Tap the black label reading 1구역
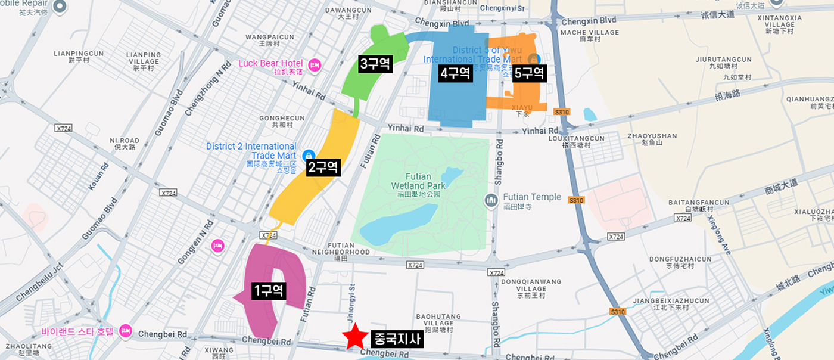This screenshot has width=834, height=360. pyautogui.click(x=269, y=291)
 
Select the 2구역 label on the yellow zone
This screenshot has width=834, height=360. pyautogui.click(x=323, y=167)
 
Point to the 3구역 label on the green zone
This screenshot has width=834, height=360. pyautogui.click(x=375, y=64)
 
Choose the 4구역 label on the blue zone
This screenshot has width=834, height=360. pyautogui.click(x=456, y=73)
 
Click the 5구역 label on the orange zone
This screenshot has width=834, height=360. pyautogui.click(x=529, y=73)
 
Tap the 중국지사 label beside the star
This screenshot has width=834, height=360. pyautogui.click(x=397, y=339)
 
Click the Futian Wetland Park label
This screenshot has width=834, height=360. pyautogui.click(x=418, y=181)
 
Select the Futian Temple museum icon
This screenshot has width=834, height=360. pyautogui.click(x=491, y=198)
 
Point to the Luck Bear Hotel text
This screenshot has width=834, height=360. pyautogui.click(x=270, y=63)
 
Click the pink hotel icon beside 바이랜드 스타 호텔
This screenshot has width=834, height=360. pyautogui.click(x=125, y=330)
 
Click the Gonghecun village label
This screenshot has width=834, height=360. pyautogui.click(x=282, y=119)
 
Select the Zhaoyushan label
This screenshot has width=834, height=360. pyautogui.click(x=652, y=136)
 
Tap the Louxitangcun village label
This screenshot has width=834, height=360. pyautogui.click(x=577, y=139)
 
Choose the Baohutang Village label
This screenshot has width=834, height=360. pyautogui.click(x=434, y=319)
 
